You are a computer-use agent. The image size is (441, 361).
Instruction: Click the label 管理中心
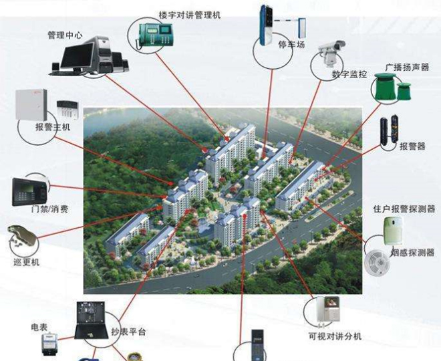[65, 35]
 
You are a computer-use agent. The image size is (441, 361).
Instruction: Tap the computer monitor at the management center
[77, 57]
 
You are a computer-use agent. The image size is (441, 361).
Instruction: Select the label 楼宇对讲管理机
[190, 15]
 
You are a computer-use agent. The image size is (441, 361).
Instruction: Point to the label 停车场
[291, 44]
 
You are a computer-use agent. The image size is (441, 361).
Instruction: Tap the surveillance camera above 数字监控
[331, 52]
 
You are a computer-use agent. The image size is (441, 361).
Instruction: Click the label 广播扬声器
[407, 68]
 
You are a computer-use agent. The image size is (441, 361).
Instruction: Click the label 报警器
[412, 146]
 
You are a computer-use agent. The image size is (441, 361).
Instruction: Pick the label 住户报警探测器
[404, 209]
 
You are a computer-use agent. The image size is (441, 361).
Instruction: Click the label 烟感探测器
[412, 253]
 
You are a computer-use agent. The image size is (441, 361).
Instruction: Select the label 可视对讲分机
[335, 336]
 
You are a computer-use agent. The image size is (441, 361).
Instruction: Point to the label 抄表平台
[128, 332]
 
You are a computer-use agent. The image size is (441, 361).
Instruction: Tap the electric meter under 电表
[49, 344]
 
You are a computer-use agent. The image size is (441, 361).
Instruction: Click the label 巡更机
[27, 262]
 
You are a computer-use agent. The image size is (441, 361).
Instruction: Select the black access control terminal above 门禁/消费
[30, 192]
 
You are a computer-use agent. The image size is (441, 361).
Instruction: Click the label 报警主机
[53, 127]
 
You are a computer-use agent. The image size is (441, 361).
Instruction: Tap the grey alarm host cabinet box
[31, 105]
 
